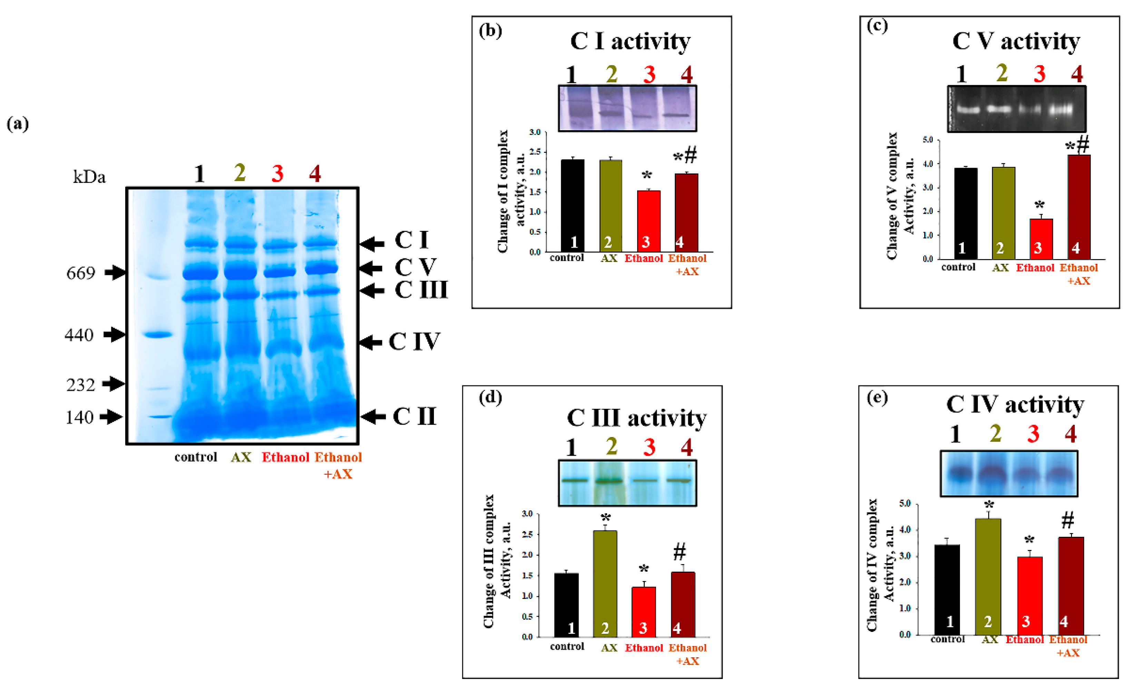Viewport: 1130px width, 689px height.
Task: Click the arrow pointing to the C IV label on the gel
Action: [x=370, y=342]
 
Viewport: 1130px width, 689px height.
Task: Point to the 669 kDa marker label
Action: [x=81, y=273]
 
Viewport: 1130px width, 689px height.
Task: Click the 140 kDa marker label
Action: [x=79, y=417]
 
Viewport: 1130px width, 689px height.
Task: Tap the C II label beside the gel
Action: [x=414, y=416]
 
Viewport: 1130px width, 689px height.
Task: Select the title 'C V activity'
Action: [x=1016, y=41]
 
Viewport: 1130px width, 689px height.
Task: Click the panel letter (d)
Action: [x=490, y=397]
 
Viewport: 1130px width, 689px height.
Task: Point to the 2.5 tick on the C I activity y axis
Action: [x=535, y=152]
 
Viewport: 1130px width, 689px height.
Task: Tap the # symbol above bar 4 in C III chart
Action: [x=680, y=551]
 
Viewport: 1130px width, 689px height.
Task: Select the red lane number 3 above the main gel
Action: [x=277, y=174]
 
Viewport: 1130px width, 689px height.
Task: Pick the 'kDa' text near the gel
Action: [x=89, y=177]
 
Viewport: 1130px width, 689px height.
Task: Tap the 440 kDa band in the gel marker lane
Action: [x=157, y=334]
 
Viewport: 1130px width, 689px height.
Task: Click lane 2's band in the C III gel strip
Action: [x=609, y=481]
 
